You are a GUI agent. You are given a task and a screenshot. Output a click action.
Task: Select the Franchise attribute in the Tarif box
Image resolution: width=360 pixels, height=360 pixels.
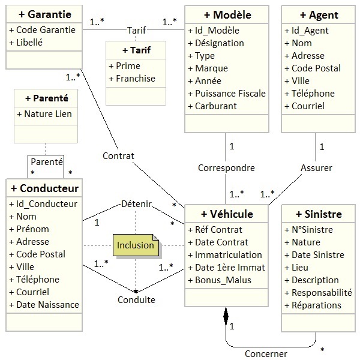[136, 78]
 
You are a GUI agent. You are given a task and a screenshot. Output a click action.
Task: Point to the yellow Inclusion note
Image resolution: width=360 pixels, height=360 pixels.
[136, 245]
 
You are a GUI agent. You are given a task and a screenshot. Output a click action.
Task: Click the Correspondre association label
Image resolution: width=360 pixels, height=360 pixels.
[227, 168]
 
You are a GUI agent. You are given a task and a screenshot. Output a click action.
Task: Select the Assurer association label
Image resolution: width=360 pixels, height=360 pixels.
[316, 168]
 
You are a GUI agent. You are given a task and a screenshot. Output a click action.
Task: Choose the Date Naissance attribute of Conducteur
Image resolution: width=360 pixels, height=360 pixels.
[48, 304]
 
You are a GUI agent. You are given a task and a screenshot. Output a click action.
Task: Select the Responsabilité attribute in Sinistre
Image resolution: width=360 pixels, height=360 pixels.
[322, 292]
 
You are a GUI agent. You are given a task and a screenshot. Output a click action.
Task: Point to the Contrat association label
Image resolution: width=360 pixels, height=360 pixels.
[118, 156]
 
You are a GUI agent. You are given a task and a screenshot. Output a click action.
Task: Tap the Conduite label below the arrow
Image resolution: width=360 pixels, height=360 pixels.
[136, 299]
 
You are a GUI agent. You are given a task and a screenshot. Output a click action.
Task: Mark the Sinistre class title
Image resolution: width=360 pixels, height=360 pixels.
[319, 214]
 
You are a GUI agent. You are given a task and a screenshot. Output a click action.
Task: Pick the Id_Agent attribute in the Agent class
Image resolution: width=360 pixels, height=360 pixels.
[307, 30]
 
